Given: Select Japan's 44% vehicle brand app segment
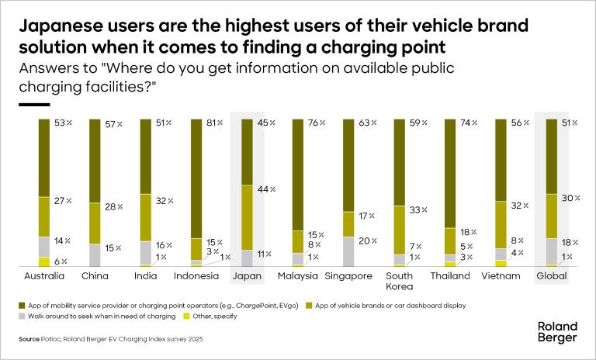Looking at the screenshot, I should point(248,217).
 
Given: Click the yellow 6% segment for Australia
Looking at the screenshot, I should point(45,261).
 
